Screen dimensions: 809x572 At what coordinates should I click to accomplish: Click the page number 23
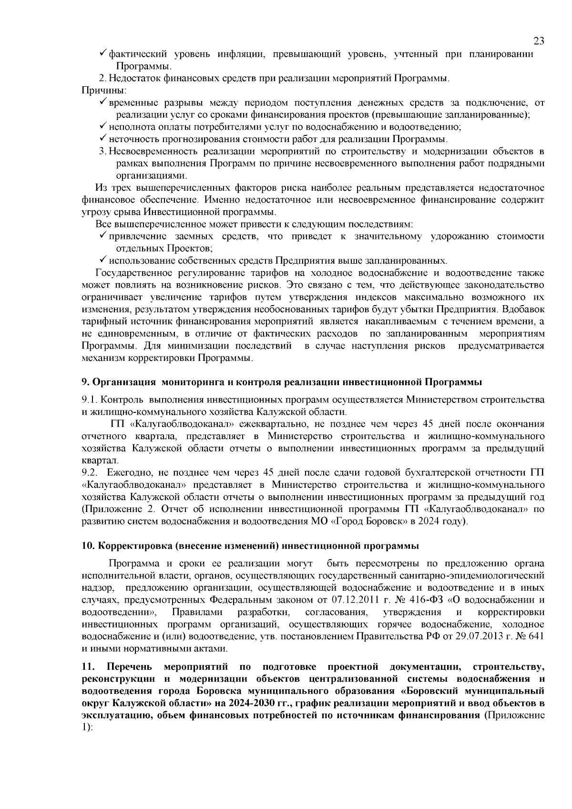pyautogui.click(x=539, y=41)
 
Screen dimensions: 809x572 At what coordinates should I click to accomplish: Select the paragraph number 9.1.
pyautogui.click(x=89, y=399)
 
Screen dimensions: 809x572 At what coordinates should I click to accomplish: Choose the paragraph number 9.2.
pyautogui.click(x=89, y=472)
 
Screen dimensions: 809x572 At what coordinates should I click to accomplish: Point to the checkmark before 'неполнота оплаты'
pyautogui.click(x=102, y=127)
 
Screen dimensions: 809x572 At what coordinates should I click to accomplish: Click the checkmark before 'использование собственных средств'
pyautogui.click(x=102, y=261)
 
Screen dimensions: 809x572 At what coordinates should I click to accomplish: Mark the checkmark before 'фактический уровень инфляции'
pyautogui.click(x=102, y=54)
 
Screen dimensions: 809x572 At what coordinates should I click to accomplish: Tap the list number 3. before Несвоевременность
pyautogui.click(x=102, y=152)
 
